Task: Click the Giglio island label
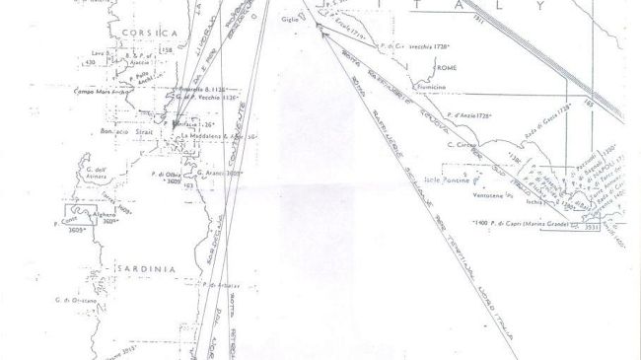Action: tap(290, 19)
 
